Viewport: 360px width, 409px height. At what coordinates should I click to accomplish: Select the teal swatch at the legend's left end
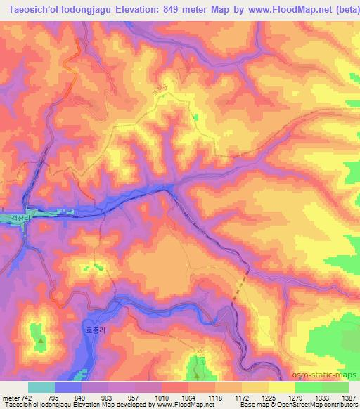coord(41,387)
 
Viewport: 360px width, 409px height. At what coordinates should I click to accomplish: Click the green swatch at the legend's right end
coord(335,387)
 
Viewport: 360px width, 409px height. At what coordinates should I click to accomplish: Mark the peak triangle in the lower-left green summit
coord(41,341)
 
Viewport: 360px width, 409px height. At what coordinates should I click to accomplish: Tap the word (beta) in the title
coord(345,9)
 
